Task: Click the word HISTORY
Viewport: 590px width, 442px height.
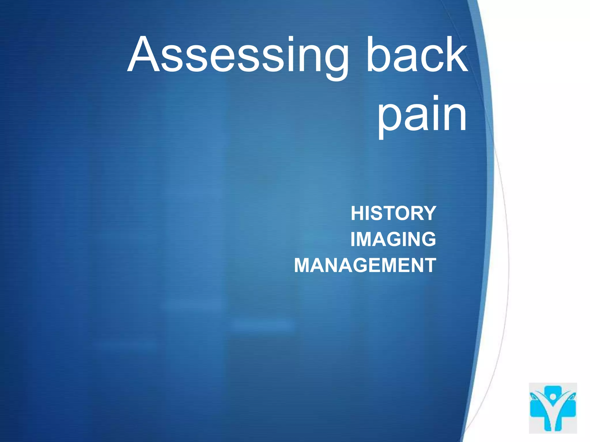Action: [x=393, y=213]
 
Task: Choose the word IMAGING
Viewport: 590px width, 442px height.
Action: [x=393, y=239]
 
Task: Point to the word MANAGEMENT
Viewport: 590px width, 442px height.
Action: [x=365, y=265]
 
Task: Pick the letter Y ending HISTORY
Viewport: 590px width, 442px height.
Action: [x=428, y=213]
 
